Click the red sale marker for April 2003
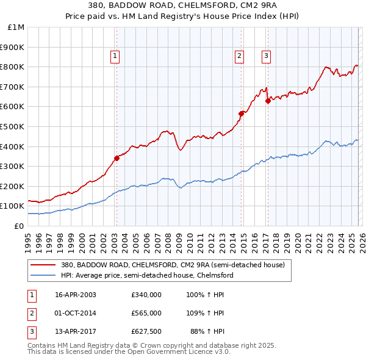click(117, 158)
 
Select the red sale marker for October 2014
click(241, 113)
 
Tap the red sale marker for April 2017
click(268, 101)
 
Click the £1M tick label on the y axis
click(16, 27)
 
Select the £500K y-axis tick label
click(13, 126)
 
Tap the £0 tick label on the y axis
click(18, 226)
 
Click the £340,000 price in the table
click(146, 295)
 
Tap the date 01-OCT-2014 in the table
click(75, 313)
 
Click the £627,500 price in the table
click(146, 331)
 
